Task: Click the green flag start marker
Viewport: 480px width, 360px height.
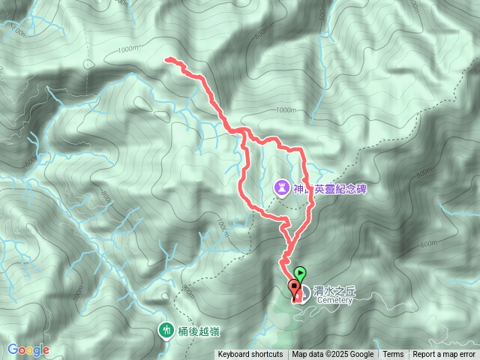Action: click(300, 274)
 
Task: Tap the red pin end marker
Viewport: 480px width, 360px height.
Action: click(293, 286)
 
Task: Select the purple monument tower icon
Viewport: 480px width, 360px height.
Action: click(280, 185)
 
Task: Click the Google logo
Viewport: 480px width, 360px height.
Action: click(28, 350)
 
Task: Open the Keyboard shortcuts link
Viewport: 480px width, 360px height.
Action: click(250, 355)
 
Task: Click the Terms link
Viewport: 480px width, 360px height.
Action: click(393, 355)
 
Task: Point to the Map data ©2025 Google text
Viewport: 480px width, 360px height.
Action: click(333, 355)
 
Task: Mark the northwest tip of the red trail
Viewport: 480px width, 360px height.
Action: click(166, 59)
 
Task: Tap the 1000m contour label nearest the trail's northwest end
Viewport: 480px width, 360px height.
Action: click(128, 50)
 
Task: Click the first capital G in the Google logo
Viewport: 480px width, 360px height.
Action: click(13, 350)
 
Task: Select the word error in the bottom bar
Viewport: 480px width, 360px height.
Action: click(466, 355)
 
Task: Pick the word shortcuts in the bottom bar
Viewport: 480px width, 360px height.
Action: click(266, 355)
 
